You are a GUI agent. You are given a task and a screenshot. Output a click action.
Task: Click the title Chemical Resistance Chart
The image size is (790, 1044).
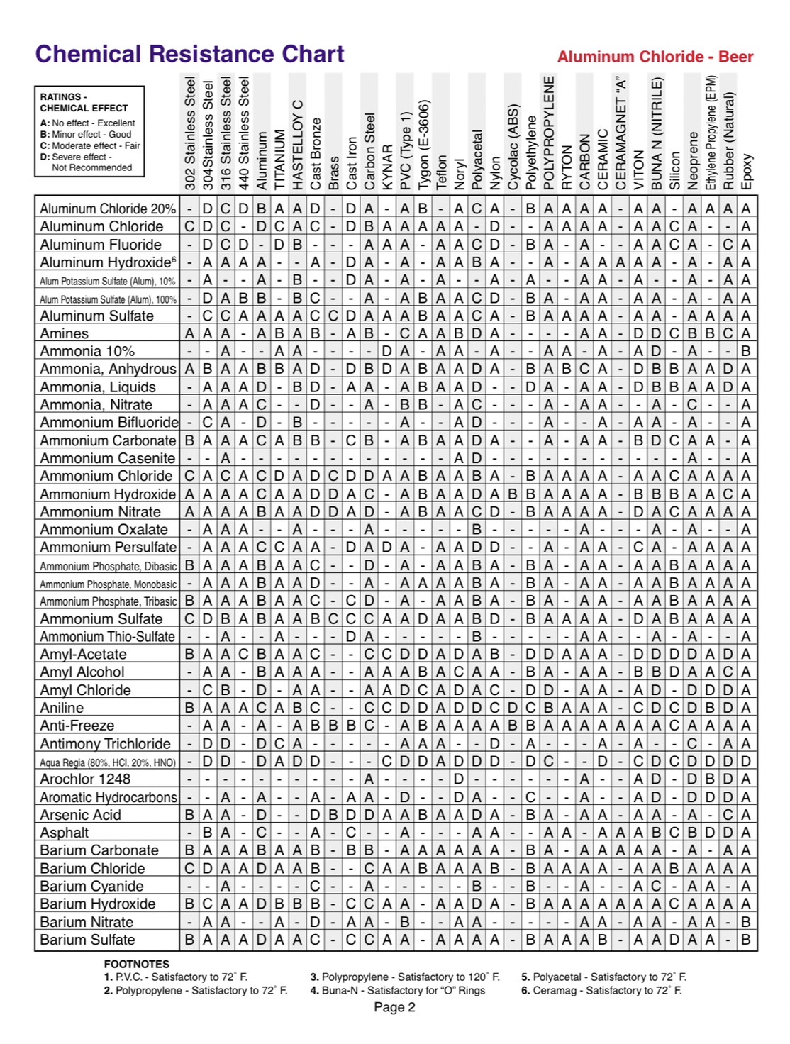190,55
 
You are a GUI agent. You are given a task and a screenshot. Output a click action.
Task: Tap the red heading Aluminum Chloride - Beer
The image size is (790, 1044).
655,57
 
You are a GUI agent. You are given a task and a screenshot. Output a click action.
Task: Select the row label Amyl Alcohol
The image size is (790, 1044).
82,672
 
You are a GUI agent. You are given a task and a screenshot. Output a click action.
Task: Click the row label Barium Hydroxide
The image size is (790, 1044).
98,904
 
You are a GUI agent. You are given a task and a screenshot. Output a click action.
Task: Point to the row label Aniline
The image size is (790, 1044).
62,708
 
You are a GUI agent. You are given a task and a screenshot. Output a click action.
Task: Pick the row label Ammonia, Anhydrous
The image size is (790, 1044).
108,369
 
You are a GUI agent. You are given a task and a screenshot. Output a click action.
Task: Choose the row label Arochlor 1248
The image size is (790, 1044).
85,779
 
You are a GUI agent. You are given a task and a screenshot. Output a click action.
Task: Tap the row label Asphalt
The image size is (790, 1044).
65,833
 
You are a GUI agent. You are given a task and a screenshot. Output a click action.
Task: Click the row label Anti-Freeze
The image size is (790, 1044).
77,726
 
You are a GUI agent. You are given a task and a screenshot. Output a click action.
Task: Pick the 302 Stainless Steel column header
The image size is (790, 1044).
190,133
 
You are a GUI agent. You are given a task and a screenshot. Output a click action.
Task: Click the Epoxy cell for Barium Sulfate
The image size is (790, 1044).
746,940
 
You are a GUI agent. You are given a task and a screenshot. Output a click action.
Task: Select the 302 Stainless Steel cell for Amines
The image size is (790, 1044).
189,333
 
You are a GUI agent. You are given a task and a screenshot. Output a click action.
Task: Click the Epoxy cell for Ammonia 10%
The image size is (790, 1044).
746,351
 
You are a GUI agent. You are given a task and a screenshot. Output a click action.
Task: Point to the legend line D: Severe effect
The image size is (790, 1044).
77,157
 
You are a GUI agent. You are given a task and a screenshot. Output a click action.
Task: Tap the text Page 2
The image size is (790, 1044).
394,1007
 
